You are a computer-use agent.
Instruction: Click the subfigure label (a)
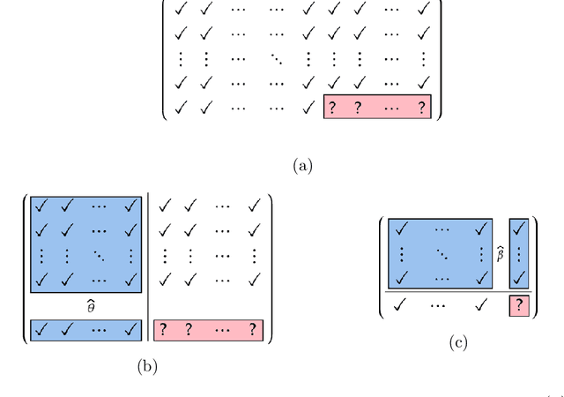pyautogui.click(x=302, y=165)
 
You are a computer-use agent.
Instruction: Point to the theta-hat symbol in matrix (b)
pyautogui.click(x=85, y=304)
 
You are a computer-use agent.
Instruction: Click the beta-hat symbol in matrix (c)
pyautogui.click(x=501, y=255)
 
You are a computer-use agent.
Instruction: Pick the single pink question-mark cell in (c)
pyautogui.click(x=518, y=306)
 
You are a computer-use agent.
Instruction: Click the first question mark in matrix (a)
pyautogui.click(x=334, y=108)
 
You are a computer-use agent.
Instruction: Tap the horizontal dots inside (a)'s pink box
pyautogui.click(x=392, y=108)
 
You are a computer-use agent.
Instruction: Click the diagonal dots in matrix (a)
pyautogui.click(x=278, y=60)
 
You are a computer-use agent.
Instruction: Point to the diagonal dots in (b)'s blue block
pyautogui.click(x=100, y=257)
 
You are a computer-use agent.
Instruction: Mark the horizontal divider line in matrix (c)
pyautogui.click(x=457, y=292)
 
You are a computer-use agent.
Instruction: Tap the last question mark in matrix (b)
pyautogui.click(x=254, y=330)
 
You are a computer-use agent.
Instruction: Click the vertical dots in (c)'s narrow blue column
pyautogui.click(x=518, y=254)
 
